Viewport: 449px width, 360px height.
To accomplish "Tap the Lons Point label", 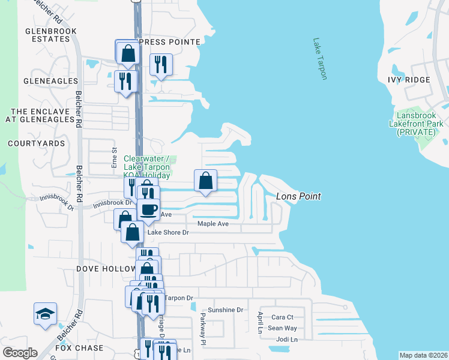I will click(298, 196).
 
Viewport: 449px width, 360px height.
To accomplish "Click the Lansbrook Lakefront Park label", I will click(420, 124).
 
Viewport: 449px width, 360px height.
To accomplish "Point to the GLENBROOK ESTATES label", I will click(48, 34).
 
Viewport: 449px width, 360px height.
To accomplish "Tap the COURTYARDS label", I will click(37, 143).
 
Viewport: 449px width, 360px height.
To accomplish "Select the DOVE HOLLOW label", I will click(105, 270).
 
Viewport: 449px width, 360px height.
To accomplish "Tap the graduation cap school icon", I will click(45, 314).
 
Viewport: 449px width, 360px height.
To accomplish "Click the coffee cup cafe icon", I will click(148, 210).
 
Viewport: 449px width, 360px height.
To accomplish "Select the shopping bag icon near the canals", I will click(205, 181).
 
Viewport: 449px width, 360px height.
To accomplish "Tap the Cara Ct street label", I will click(282, 317).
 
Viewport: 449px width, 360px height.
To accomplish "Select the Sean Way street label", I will click(282, 328).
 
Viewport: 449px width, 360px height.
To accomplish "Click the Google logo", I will click(20, 353).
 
